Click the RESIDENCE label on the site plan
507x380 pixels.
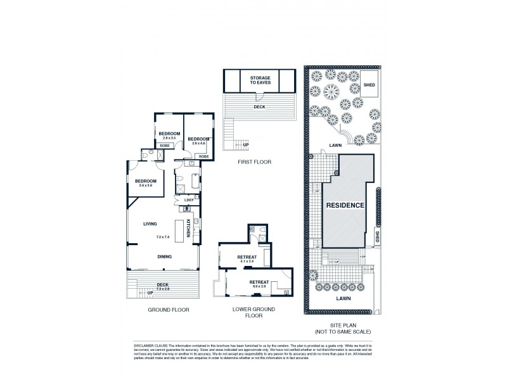click(x=345, y=206)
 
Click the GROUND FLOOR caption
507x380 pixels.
click(x=169, y=310)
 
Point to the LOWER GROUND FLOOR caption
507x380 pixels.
click(x=253, y=312)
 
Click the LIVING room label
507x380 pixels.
click(x=150, y=223)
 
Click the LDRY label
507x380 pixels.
click(x=188, y=200)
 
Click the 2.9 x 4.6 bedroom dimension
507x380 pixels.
click(x=199, y=144)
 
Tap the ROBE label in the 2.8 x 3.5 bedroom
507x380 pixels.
click(x=164, y=146)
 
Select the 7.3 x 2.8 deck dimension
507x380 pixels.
click(x=163, y=288)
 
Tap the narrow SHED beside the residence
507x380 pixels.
click(x=376, y=238)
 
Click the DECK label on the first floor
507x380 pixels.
click(x=259, y=107)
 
